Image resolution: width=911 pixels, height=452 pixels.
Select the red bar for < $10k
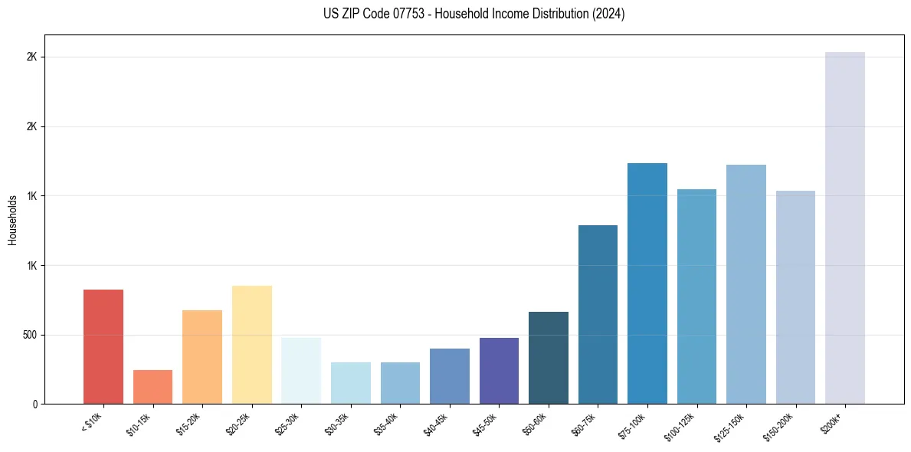tap(103, 346)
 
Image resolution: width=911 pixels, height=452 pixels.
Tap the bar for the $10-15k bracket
tap(152, 387)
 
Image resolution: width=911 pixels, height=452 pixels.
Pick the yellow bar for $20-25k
tap(252, 345)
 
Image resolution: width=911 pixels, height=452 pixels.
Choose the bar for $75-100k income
tap(647, 283)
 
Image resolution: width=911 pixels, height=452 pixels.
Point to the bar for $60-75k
tap(598, 314)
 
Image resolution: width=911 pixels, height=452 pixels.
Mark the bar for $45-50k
tap(499, 371)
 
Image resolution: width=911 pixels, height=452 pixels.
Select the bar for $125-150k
tap(746, 284)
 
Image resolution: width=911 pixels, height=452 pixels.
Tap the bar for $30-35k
tap(351, 383)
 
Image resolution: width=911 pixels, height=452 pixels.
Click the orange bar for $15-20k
tap(202, 357)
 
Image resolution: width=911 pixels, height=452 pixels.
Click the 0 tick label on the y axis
tap(35, 405)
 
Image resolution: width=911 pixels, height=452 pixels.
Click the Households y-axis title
tap(12, 220)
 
